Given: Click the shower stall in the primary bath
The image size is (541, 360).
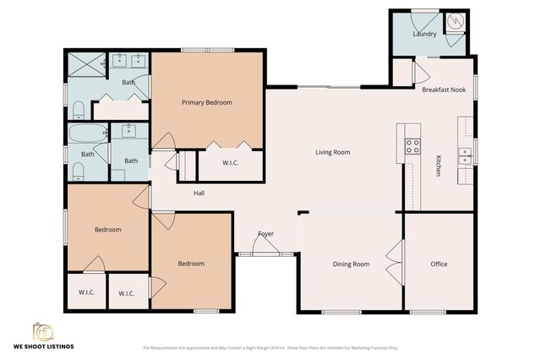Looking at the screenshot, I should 85,63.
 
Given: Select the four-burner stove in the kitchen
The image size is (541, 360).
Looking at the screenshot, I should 413,146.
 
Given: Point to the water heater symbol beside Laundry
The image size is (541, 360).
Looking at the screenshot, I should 455,20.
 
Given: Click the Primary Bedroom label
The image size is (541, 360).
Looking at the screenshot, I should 206,102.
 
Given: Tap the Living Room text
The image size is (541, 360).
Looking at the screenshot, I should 332,153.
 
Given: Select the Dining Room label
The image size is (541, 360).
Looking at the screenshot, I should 351,265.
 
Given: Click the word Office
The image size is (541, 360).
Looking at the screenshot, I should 439,265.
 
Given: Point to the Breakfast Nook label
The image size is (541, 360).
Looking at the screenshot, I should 443,89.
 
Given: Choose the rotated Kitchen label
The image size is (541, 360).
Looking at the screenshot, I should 438,166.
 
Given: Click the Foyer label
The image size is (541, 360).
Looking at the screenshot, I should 265,234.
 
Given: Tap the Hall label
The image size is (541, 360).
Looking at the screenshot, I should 199,194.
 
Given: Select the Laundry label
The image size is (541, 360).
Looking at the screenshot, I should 424,34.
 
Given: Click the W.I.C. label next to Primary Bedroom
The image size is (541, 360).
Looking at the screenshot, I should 231,163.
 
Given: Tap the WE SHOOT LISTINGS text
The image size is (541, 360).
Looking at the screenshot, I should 43,346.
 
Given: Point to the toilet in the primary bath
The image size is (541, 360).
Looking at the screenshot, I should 77,109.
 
